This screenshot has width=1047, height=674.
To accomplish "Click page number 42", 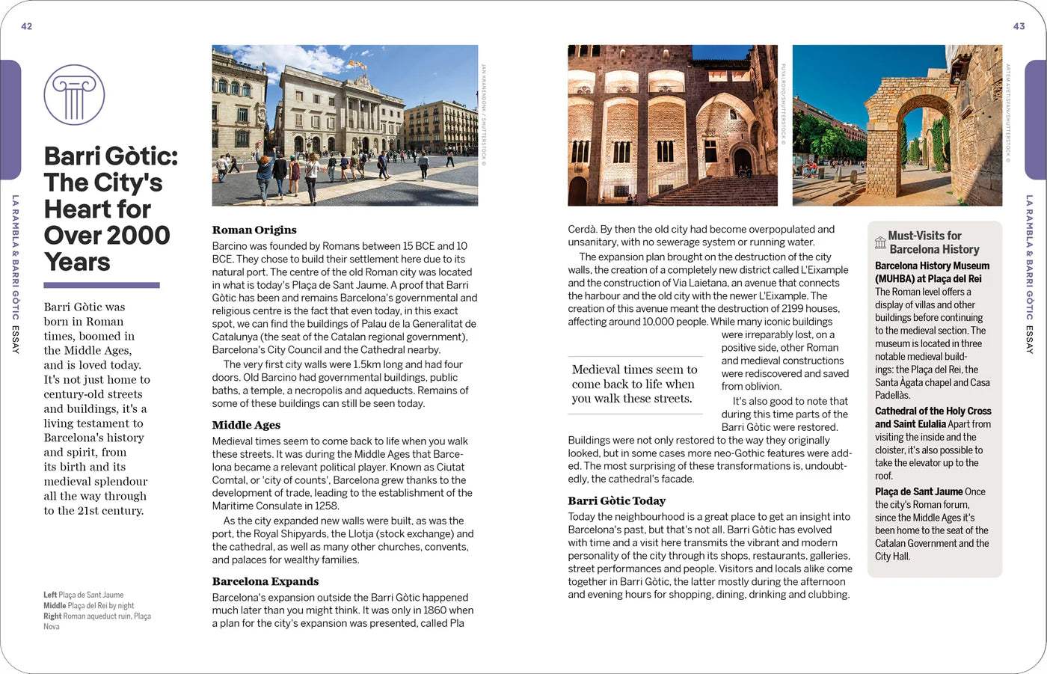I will pos(27,26).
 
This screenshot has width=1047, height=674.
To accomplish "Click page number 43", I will pos(1019,26).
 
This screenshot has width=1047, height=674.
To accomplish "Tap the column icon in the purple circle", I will pos(74,95).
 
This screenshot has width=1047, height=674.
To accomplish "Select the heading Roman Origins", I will pos(254,230).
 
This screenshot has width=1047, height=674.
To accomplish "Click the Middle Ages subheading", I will pos(246,425).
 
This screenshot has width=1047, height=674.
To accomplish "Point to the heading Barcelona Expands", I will pos(265,581).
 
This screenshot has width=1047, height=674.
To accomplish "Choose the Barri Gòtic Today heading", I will pos(616,500).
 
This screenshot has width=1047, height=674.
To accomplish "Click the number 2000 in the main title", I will pos(138,236).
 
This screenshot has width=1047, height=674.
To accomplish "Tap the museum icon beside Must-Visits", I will pos(880,242).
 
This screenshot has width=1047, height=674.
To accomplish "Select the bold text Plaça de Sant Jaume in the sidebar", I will pos(918,491).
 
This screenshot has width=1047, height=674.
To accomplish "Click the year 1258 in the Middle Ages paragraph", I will pos(327,506).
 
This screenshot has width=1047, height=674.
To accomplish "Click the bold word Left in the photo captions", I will pos(49,595).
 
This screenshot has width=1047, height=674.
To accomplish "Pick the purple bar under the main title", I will pos(102,285).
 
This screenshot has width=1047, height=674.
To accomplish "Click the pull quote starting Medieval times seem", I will pos(635,384).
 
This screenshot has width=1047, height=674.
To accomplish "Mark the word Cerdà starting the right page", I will pos(581,230).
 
